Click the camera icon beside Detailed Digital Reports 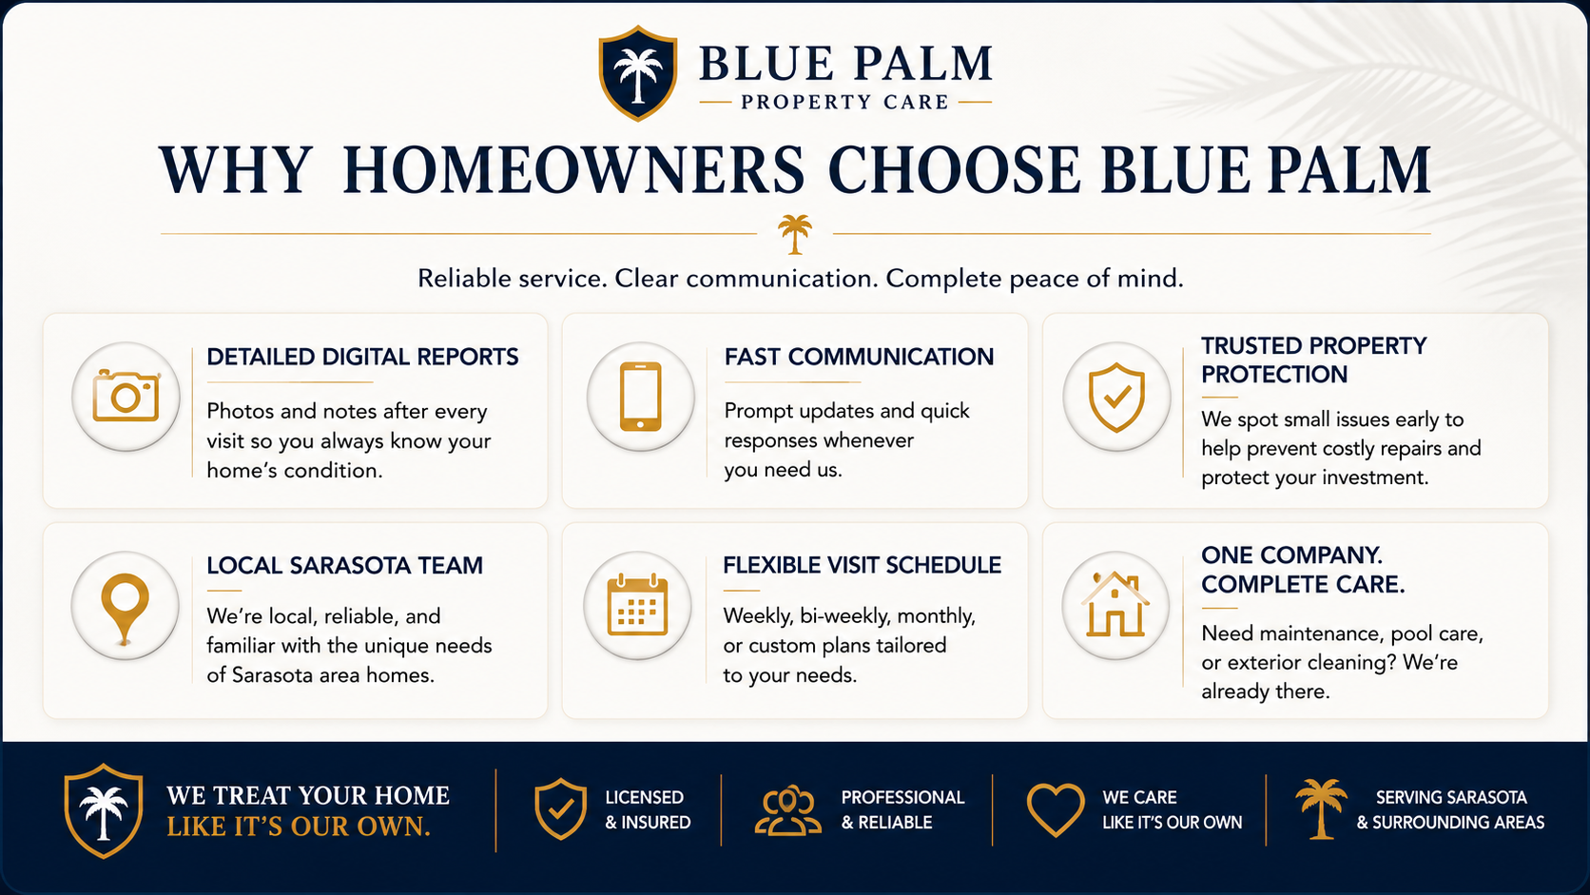126,396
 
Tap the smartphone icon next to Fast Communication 640,396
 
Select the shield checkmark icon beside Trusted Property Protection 1116,398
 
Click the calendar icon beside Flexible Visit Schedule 637,606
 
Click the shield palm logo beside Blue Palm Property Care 637,73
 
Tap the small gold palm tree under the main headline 794,234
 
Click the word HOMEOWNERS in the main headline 573,170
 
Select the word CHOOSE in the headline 954,170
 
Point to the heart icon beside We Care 1056,809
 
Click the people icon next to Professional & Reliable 788,809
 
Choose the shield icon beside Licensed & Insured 561,809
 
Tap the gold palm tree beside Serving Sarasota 1320,809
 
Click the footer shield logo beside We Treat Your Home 104,810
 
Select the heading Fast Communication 859,357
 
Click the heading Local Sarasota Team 345,566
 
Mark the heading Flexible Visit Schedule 863,565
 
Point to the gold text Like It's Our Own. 299,827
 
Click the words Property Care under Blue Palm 844,102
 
